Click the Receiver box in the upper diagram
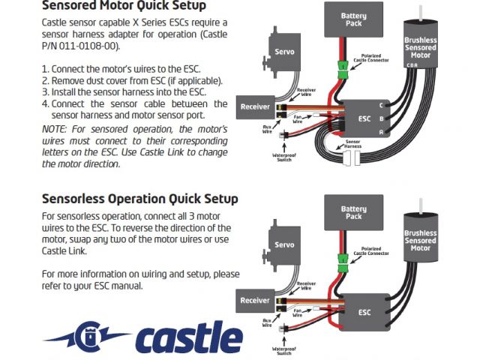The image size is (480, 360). click(x=255, y=107)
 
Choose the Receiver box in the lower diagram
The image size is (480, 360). click(x=255, y=300)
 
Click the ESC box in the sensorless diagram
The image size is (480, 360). click(x=365, y=311)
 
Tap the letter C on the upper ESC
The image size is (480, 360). click(x=382, y=105)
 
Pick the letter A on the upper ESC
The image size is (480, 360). click(x=382, y=132)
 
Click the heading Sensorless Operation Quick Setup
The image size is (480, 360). click(x=140, y=199)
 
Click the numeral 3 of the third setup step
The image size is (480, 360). click(x=44, y=91)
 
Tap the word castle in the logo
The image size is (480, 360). click(x=189, y=338)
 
